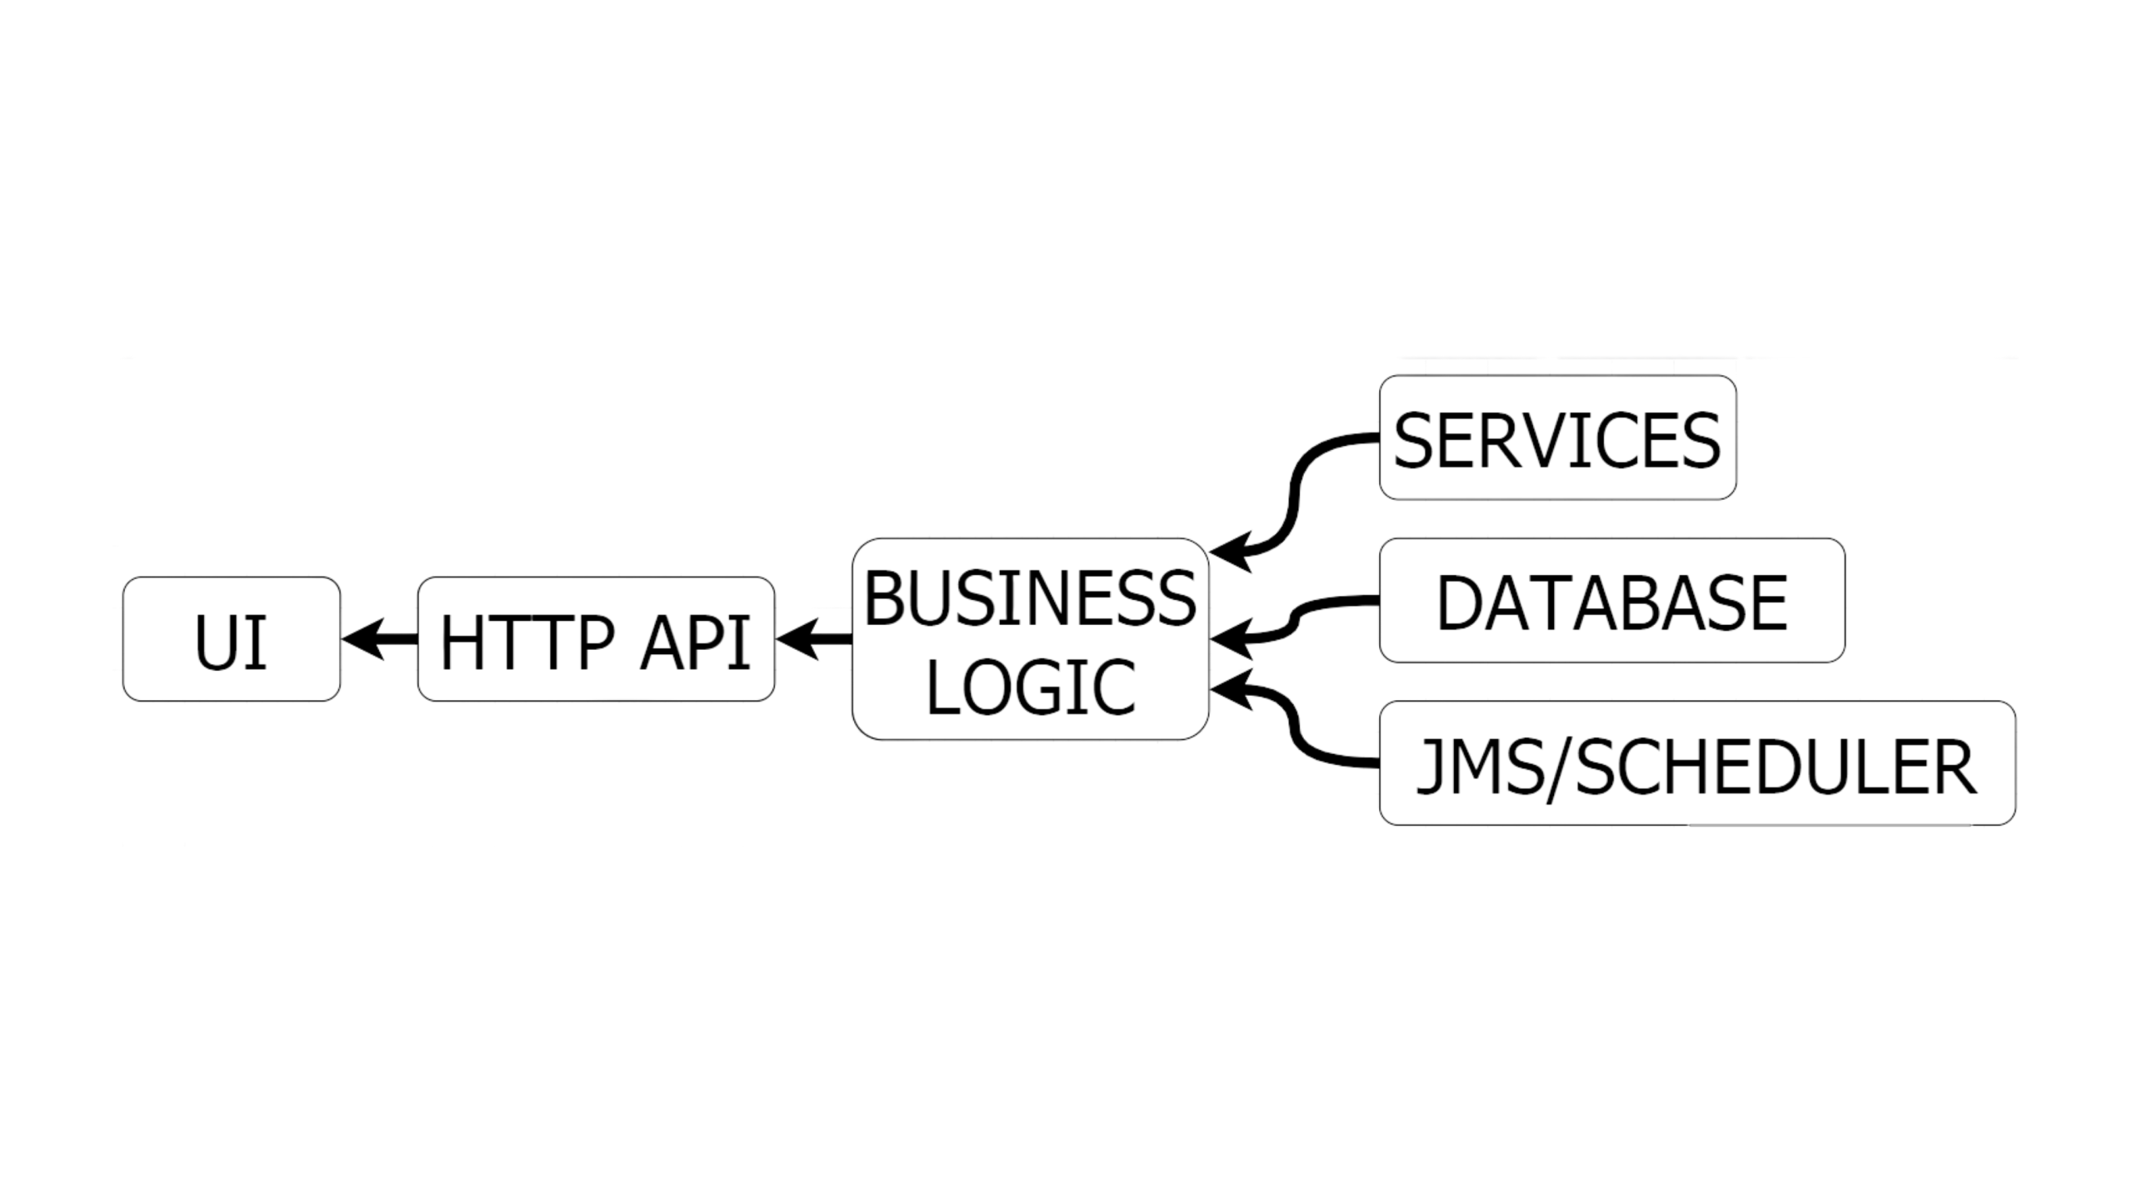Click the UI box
pos(232,639)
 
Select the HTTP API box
pos(596,639)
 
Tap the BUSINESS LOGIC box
pos(1031,639)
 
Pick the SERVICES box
pos(1558,437)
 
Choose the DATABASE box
pos(1612,600)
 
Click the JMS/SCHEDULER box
pos(1697,763)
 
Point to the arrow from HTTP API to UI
pos(380,639)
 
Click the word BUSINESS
pos(1031,597)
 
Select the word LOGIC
pos(1031,687)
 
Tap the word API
pos(696,641)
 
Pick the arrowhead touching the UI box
pos(362,639)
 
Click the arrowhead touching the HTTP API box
pos(797,639)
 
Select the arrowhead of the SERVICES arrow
pos(1231,552)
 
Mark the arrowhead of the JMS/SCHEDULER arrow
pos(1231,689)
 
